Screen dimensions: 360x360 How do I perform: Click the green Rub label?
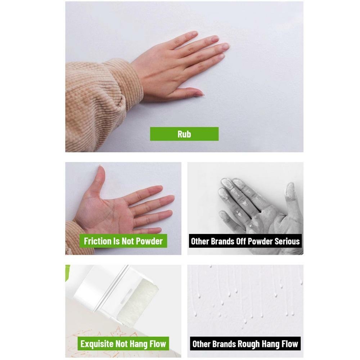coord(184,134)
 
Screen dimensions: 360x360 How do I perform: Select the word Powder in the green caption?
coord(149,241)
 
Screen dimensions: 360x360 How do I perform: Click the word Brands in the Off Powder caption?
coord(221,241)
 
